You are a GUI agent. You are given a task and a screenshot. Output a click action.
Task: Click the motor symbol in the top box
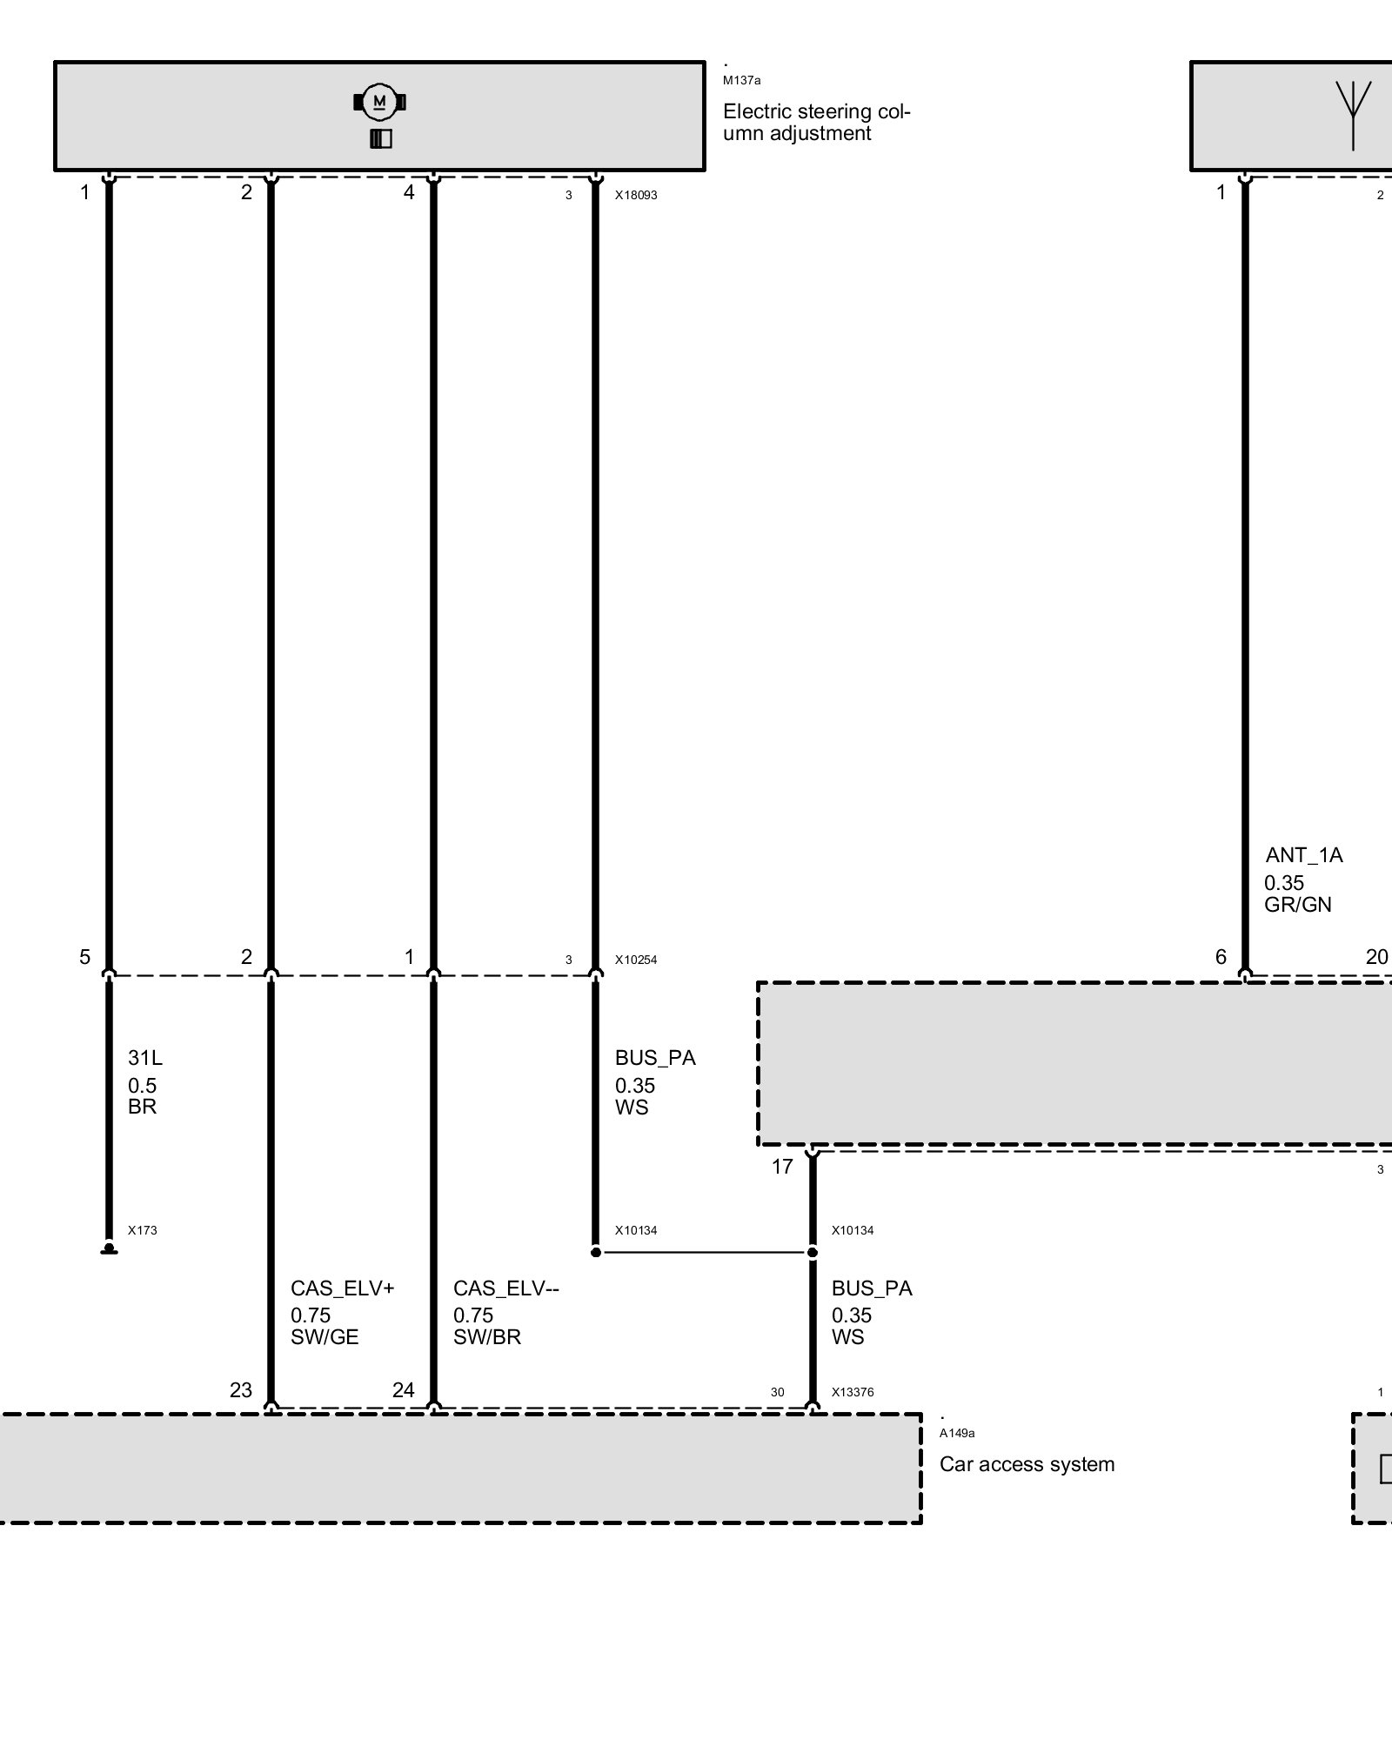[379, 103]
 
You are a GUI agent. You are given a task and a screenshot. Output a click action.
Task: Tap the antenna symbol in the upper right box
[1353, 113]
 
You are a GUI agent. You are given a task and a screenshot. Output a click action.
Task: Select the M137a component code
[741, 81]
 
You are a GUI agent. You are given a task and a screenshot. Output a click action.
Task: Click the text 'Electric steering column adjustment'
[816, 123]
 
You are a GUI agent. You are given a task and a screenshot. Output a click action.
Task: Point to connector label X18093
[636, 196]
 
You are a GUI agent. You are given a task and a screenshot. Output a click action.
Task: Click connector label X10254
[636, 960]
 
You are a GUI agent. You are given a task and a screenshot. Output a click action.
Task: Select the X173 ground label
[143, 1230]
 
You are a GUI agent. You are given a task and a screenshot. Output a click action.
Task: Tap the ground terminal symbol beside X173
[109, 1249]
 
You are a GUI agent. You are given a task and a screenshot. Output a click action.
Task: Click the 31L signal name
[144, 1058]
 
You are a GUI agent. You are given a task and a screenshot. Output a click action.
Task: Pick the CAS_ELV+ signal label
[342, 1288]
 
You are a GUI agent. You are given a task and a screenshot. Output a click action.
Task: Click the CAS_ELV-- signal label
[505, 1288]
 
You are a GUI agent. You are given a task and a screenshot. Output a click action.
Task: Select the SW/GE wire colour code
[325, 1337]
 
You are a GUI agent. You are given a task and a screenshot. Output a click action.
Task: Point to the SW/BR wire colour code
[487, 1337]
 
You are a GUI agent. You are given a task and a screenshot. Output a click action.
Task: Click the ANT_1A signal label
[1304, 855]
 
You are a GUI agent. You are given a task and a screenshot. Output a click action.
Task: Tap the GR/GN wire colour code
[1298, 905]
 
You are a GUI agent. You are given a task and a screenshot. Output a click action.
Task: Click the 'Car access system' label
[1027, 1464]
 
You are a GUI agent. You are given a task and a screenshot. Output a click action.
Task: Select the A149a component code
[957, 1434]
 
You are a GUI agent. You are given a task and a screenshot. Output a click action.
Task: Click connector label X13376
[853, 1392]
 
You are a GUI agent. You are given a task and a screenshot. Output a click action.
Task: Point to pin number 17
[782, 1167]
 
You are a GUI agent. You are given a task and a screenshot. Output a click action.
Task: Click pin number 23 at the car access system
[241, 1390]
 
